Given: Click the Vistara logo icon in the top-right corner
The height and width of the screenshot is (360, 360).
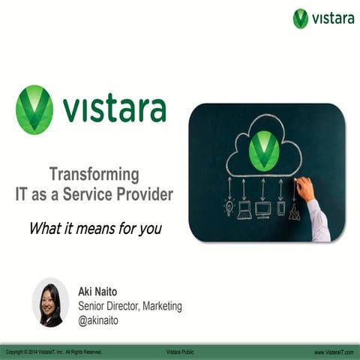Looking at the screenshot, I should [301, 18].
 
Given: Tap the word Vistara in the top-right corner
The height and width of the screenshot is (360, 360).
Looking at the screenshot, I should [332, 18].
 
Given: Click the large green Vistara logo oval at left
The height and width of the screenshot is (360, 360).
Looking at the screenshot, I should [34, 109].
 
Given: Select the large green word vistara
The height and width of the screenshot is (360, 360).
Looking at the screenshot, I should [114, 109].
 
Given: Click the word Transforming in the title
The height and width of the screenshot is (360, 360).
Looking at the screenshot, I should [94, 175].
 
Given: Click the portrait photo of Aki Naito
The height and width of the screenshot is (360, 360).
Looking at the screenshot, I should [50, 301].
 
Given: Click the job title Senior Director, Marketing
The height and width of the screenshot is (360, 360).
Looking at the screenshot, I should [130, 306].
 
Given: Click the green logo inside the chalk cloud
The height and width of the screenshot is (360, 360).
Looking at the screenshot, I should [263, 149].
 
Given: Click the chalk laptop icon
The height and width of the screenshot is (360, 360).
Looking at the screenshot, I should [244, 209].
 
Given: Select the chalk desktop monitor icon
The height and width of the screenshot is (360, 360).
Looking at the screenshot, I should [262, 209].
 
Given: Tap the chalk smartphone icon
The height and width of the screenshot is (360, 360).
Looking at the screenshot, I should [280, 208].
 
